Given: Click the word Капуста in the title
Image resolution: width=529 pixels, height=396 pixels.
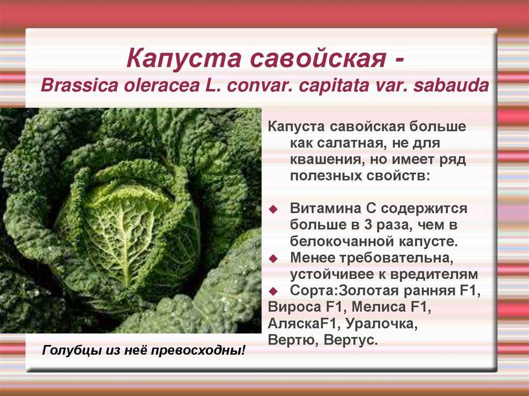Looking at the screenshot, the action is point(183,58).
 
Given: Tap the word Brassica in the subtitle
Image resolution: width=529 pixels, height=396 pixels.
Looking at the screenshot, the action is point(80,86).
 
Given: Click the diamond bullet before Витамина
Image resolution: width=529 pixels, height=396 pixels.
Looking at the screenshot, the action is point(273,210).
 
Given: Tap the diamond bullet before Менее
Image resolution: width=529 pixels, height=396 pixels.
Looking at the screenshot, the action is point(273,259).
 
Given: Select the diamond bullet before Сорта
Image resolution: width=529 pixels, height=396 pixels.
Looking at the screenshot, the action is point(273,291).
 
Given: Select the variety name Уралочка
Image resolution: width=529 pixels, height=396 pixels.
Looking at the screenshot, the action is point(382,324).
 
